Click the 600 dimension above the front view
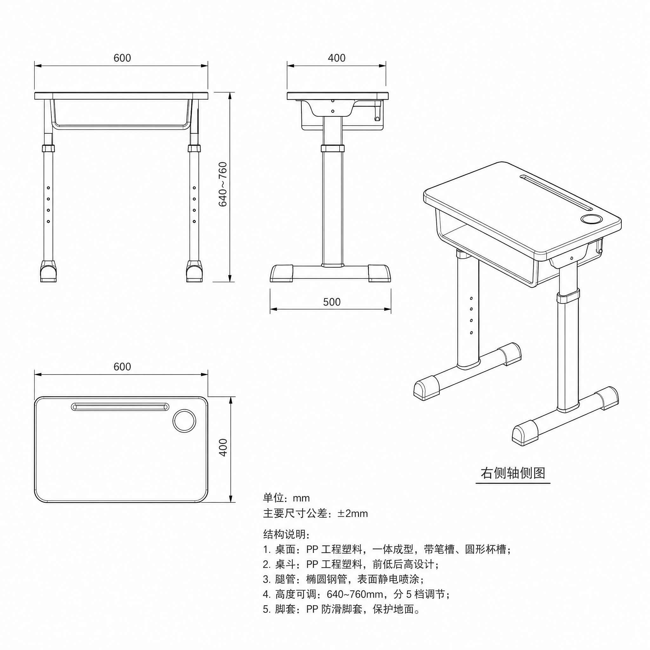point(122,58)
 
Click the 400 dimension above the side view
point(336,58)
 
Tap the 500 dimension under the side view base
point(332,302)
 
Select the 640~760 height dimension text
point(223,184)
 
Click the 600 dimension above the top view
point(122,366)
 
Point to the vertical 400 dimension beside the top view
point(223,448)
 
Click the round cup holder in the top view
point(184,421)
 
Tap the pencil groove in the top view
point(120,407)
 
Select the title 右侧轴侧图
point(513,473)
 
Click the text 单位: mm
point(286,498)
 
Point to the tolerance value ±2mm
point(353,514)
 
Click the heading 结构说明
point(286,534)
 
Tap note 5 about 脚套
point(342,609)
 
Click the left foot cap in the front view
point(49,271)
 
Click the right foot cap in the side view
point(380,273)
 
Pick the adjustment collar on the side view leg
point(332,148)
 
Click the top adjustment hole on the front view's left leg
point(49,188)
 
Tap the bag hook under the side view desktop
point(377,111)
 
